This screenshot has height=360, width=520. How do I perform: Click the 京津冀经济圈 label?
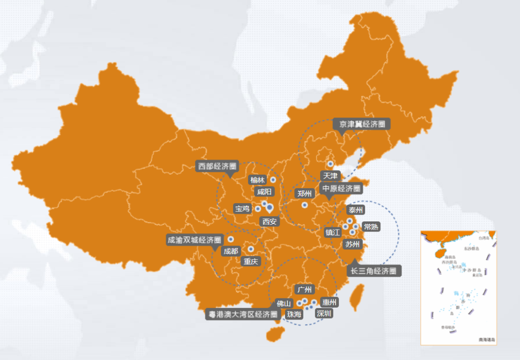pos(362,124)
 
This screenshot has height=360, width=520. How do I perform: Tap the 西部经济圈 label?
pos(217,167)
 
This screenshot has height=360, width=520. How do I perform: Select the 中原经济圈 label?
pos(341,188)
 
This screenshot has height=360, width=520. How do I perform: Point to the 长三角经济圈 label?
pos(374,271)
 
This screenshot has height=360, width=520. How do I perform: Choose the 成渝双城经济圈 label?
pos(194,240)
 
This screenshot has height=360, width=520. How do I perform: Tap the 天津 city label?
pos(331,176)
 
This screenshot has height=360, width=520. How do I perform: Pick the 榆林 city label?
pos(257,180)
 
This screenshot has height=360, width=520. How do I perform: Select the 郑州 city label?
pos(304,193)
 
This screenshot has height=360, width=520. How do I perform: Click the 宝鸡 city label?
pos(242,208)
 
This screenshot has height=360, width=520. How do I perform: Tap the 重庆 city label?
pos(250,261)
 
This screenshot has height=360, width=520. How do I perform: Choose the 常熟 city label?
pos(371,226)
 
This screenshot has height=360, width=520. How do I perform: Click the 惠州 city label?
pos(329,302)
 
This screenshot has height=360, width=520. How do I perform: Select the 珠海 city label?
pos(294,314)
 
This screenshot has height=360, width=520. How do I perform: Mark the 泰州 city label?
pos(356,210)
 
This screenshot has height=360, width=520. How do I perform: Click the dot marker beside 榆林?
pos(273,180)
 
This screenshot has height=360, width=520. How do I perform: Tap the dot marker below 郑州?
pos(304,205)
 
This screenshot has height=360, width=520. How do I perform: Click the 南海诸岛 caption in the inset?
pos(486,340)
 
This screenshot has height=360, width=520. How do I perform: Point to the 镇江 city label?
pos(333,232)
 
